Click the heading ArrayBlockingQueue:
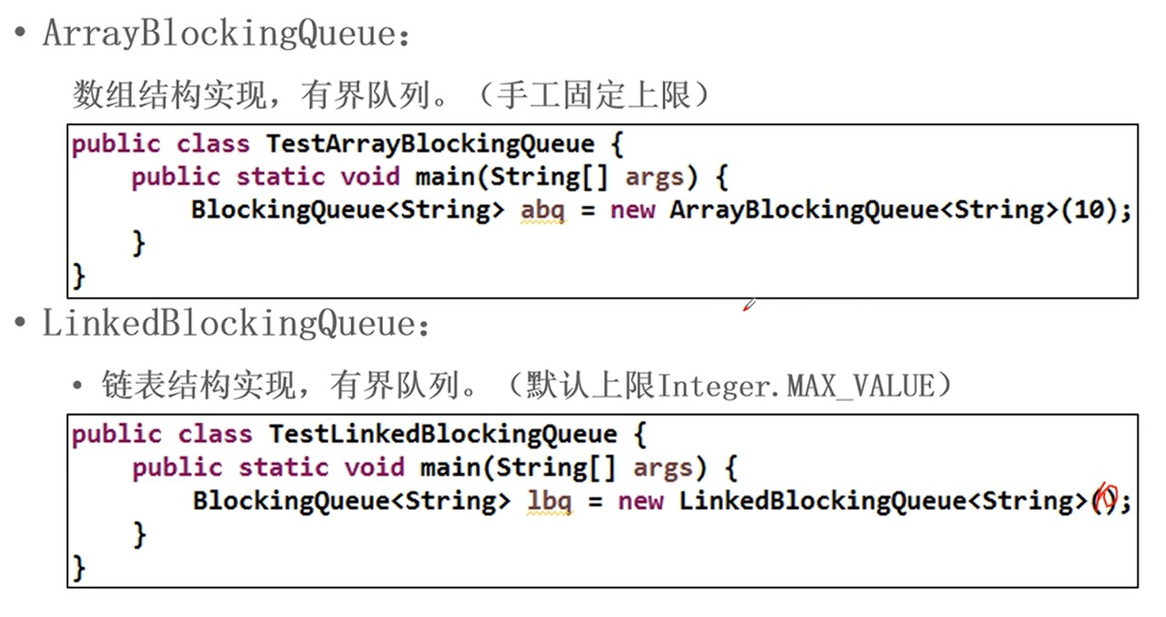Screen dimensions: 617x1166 click(227, 34)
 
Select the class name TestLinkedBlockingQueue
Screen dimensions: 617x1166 click(442, 434)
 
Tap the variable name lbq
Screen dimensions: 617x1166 click(549, 502)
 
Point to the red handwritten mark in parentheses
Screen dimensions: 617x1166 click(1104, 501)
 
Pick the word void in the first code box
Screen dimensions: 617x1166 click(369, 177)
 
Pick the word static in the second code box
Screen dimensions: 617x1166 click(284, 468)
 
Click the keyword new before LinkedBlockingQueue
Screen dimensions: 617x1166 click(641, 502)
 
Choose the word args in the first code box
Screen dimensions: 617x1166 click(653, 177)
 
